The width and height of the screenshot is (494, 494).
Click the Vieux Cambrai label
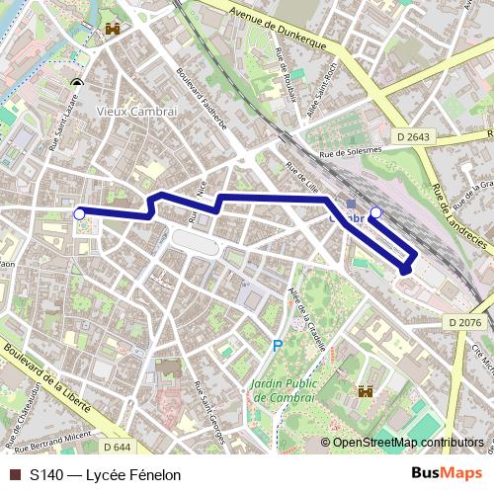tap(137, 111)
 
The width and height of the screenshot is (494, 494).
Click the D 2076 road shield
tap(463, 322)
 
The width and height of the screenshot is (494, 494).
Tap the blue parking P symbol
tap(278, 346)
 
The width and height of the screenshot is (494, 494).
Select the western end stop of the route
tap(79, 211)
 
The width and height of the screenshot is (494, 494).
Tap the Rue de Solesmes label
tap(350, 151)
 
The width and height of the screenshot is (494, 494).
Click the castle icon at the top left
tap(110, 30)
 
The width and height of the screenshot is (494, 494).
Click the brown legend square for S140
tap(15, 474)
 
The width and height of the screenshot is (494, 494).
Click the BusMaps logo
tap(448, 473)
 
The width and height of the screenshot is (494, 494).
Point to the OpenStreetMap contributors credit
tap(407, 443)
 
